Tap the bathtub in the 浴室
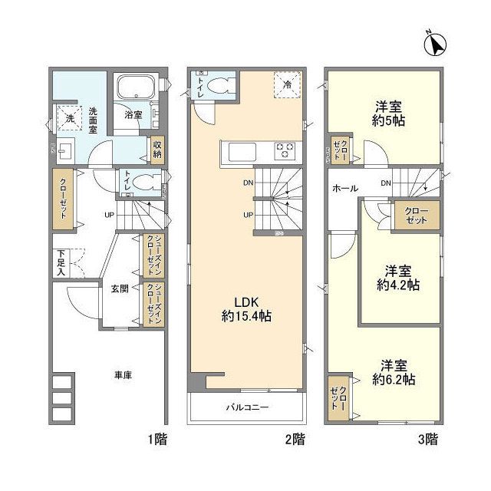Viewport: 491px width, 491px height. pos(137,88)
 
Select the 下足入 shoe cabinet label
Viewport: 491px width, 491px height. pos(60,263)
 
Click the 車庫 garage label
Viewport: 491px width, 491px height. pos(123,375)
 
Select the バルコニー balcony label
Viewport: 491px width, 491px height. pos(246,407)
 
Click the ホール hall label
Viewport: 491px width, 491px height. pos(344,188)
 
